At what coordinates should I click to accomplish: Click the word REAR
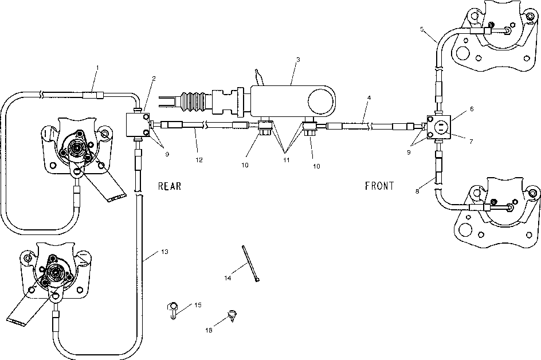tap(170, 186)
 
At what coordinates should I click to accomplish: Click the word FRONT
tap(379, 186)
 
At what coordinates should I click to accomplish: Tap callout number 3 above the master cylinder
tap(298, 60)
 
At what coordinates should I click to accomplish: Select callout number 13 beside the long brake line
tap(165, 252)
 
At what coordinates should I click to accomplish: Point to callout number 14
tap(228, 278)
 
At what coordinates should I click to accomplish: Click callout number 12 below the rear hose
tap(199, 160)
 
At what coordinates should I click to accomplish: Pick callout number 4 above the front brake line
tap(369, 98)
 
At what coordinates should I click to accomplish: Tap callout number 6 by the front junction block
tap(472, 109)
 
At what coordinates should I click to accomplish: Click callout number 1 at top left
tap(97, 68)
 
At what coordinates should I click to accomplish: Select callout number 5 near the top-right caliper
tap(422, 29)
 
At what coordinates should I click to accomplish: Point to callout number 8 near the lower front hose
tap(417, 191)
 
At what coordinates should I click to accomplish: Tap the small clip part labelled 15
tap(173, 310)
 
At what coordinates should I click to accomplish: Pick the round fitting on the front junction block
tap(442, 127)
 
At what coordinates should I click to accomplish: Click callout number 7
tap(471, 141)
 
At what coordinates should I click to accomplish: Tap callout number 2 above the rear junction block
tap(154, 79)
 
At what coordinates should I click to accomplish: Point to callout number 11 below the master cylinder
tap(287, 160)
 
